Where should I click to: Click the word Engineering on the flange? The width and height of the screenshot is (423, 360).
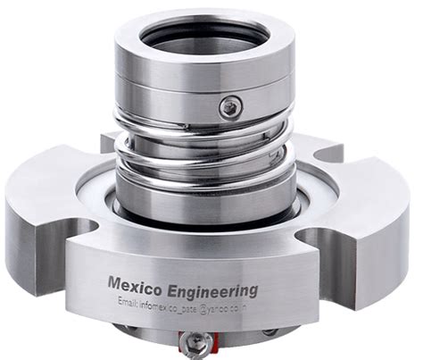(212, 290)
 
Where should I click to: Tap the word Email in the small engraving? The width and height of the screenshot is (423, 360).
(130, 304)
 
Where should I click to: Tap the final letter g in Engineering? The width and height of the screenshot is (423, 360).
(253, 293)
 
